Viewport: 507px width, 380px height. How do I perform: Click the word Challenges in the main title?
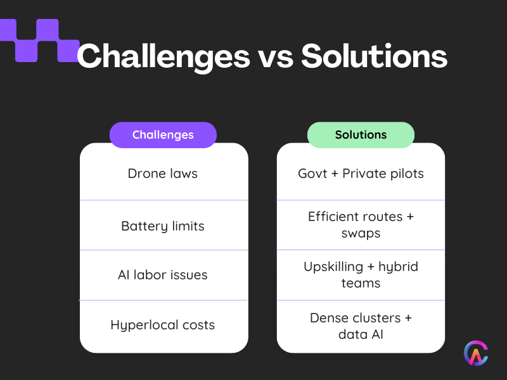click(x=163, y=57)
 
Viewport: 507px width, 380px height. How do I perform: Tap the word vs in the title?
click(x=274, y=57)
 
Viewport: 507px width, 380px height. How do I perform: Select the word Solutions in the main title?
click(x=374, y=57)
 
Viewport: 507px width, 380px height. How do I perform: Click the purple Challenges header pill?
click(x=163, y=135)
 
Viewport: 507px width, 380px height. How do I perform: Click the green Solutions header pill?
click(x=361, y=135)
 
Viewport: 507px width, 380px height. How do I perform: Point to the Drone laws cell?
click(x=163, y=174)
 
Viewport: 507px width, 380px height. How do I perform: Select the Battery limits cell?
click(x=163, y=225)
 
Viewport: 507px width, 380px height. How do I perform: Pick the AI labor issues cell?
click(x=163, y=275)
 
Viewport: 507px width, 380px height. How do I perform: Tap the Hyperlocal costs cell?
click(x=163, y=325)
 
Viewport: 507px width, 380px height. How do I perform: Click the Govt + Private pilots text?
click(x=361, y=174)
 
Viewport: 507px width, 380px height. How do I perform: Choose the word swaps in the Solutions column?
click(x=361, y=234)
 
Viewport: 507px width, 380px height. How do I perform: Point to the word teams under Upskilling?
click(x=361, y=283)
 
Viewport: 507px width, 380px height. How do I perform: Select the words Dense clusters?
click(x=352, y=317)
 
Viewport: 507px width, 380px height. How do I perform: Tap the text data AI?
click(x=361, y=334)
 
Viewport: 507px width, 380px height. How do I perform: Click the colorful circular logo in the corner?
click(x=476, y=353)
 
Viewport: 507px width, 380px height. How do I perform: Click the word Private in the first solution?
click(x=364, y=174)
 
